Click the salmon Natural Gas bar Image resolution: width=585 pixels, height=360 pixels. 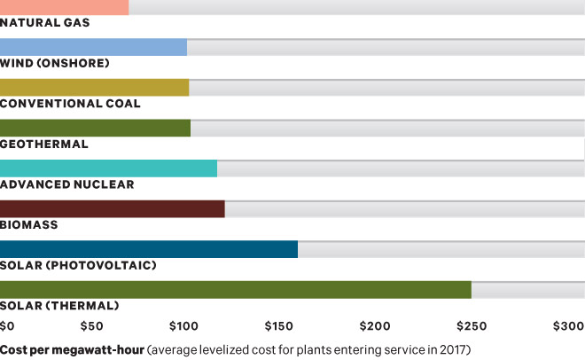pos(64,7)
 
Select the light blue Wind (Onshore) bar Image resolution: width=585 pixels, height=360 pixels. pos(93,47)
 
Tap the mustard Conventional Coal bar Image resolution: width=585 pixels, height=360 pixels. pos(94,87)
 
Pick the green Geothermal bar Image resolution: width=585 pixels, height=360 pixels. pos(95,128)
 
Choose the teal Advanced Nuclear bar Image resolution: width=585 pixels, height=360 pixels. pos(108,168)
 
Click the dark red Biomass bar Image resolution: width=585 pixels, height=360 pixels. pos(113,208)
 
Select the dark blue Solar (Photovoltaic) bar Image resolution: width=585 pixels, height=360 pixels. pos(149,249)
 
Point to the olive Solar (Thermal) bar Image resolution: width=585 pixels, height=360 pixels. pos(236,290)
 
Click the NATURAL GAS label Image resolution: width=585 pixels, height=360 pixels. pos(45,22)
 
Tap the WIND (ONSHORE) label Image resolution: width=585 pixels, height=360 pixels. pos(55,63)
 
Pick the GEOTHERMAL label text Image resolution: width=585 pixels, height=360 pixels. pos(44,144)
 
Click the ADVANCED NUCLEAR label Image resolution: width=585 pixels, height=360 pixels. pos(67,184)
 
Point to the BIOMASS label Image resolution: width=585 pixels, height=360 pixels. pos(29,224)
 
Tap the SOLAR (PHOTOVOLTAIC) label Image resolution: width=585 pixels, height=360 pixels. pos(78,265)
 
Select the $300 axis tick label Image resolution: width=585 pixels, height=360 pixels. pos(568,326)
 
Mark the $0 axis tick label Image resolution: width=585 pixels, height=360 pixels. pos(8,326)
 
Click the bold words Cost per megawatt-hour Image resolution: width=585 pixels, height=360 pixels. pos(72,348)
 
